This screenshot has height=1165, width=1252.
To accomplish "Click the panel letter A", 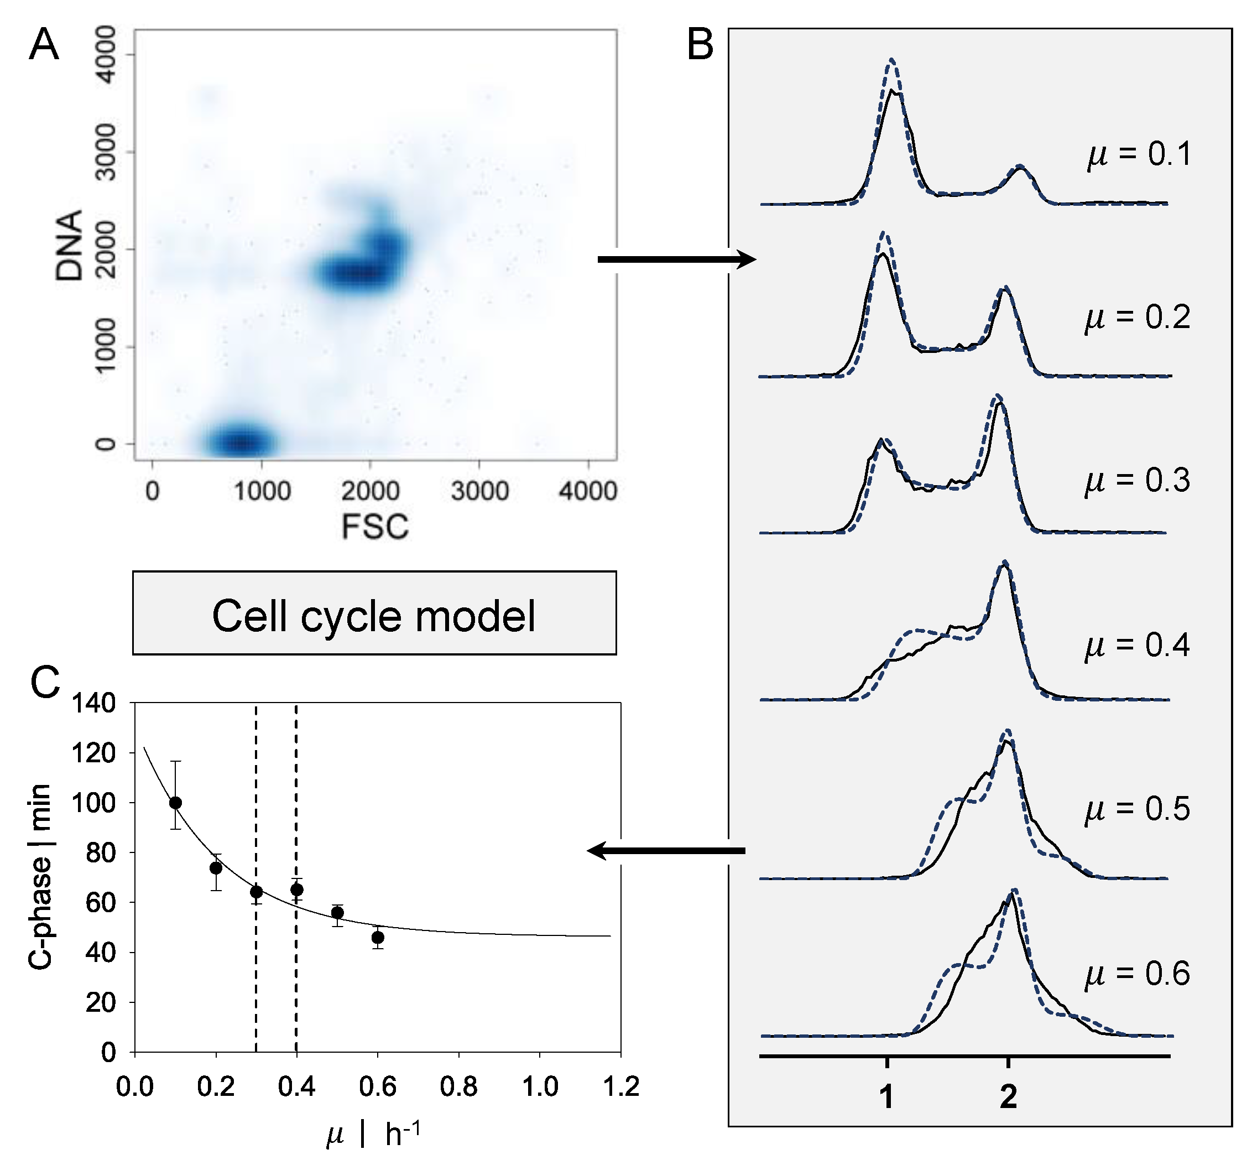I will tap(44, 45).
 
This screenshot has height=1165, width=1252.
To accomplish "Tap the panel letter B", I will tap(700, 45).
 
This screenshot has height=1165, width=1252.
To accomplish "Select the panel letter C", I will tap(45, 683).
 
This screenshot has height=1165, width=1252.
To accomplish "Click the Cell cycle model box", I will tap(374, 613).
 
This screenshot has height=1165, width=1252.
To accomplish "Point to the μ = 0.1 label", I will tap(1139, 154).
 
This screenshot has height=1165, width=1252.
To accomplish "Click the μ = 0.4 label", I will tap(1137, 645).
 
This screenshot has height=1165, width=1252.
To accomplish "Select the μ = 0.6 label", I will tap(1137, 974).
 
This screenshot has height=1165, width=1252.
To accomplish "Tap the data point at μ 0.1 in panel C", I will tap(176, 803).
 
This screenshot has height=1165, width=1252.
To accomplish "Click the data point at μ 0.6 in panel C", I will tap(378, 938).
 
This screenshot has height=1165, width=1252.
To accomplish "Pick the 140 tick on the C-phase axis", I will tap(93, 703).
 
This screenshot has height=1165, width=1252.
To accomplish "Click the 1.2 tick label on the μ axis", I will tap(620, 1087).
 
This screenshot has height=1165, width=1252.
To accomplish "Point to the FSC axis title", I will tap(375, 527).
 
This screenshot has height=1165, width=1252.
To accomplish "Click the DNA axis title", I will tap(69, 246).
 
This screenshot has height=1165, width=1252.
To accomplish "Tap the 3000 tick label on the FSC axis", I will tap(479, 491).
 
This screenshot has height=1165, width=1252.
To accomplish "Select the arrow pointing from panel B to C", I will tap(666, 851).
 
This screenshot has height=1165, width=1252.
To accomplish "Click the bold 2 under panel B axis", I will tap(1008, 1097).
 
